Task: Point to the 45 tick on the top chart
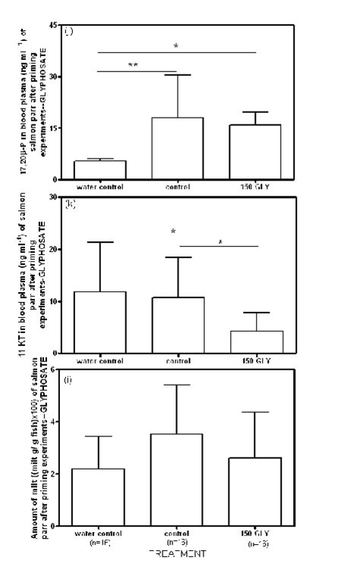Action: (54, 25)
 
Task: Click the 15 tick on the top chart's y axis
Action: (54, 128)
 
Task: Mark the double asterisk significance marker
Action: (133, 65)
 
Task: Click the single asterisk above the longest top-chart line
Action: (176, 46)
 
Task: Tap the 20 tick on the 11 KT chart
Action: (54, 249)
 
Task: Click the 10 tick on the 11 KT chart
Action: (54, 301)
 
